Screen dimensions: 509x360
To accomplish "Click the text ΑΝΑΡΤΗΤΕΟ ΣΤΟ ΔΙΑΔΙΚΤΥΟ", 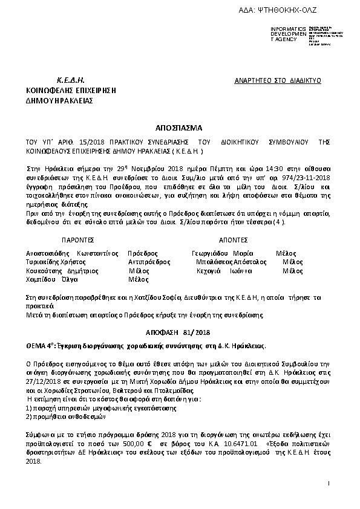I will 277,80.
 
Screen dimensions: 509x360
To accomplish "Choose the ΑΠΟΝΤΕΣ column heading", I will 232,239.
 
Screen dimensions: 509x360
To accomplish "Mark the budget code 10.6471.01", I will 240,444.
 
